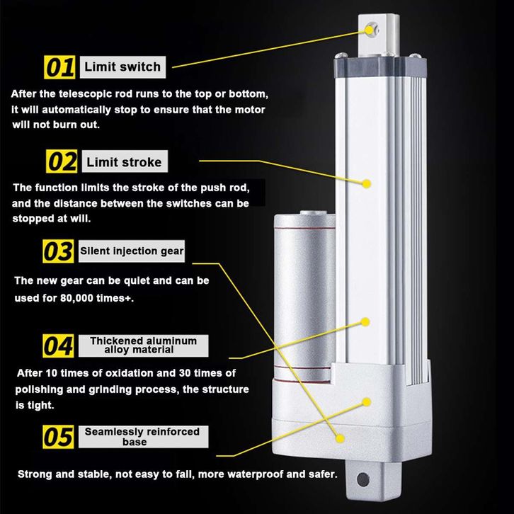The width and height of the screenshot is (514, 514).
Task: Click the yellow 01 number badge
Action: click(59, 67)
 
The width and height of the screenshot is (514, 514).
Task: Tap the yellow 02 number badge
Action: click(62, 161)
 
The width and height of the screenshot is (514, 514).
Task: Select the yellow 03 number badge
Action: click(58, 251)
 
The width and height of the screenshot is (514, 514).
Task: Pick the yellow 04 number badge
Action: click(58, 345)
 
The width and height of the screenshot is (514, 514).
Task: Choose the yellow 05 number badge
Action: click(58, 437)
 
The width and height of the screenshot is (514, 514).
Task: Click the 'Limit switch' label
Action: click(122, 67)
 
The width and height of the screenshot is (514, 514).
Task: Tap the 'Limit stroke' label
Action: click(125, 161)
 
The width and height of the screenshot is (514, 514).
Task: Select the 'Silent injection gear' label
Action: click(132, 251)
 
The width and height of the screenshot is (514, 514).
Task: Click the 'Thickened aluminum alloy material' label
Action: click(143, 345)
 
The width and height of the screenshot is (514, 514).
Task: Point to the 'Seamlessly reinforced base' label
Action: click(143, 437)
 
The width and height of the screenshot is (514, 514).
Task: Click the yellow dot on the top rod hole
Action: click(370, 30)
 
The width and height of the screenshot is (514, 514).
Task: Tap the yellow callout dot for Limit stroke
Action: click(367, 183)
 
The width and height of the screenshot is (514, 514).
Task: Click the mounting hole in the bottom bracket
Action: click(363, 479)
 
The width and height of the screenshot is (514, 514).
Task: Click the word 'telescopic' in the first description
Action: click(86, 94)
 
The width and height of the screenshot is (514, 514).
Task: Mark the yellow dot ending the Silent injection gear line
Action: click(340, 438)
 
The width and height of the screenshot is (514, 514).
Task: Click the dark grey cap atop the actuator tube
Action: click(380, 67)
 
